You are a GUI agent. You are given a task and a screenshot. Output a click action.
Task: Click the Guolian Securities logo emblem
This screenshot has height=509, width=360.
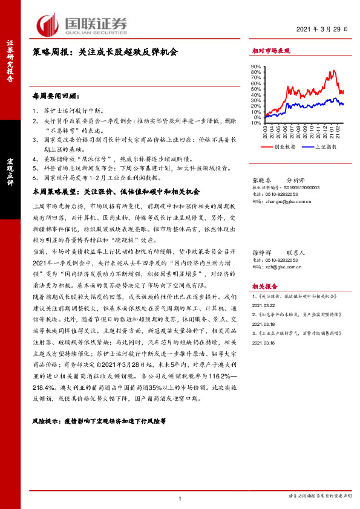[48, 25]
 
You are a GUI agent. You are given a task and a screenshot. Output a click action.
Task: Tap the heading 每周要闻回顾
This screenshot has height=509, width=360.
[55, 96]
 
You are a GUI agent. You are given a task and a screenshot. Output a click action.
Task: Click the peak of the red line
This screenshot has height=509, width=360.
[332, 71]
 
